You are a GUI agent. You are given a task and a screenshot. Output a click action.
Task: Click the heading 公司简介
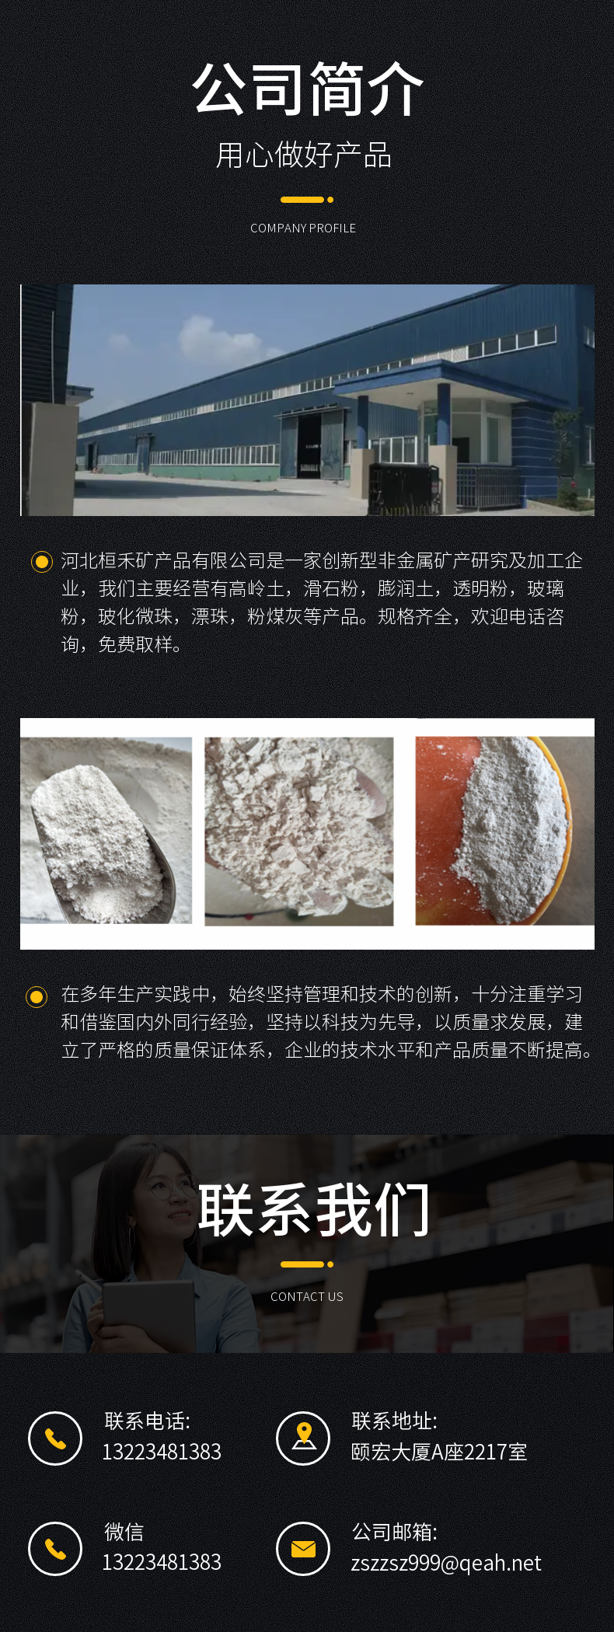[x=307, y=89]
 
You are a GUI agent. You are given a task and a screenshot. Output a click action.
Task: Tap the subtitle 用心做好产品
[x=303, y=155]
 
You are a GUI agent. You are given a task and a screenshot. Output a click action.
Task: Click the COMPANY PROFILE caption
[x=303, y=228]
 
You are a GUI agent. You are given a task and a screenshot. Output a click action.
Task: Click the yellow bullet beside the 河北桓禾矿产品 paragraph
[x=41, y=561]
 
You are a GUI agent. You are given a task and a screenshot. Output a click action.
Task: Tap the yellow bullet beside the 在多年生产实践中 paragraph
[x=37, y=996]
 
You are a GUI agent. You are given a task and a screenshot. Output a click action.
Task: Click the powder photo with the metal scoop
[x=106, y=831]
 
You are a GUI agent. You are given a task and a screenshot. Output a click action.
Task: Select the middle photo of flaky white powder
[x=299, y=832]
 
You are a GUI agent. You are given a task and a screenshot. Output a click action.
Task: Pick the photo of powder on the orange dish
[x=505, y=831]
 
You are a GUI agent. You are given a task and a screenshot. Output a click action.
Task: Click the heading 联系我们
[x=314, y=1210]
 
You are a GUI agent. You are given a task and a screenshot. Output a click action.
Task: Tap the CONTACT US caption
[x=307, y=1296]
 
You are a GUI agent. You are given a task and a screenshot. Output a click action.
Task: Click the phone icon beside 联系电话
[x=55, y=1438]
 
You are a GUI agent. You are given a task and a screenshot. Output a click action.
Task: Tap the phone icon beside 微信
[x=55, y=1549]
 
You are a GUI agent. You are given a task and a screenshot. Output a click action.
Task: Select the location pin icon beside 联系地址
[x=303, y=1438]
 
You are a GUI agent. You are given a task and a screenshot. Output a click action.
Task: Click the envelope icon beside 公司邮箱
[x=303, y=1549]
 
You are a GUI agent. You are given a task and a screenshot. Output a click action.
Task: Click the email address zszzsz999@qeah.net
[x=446, y=1563]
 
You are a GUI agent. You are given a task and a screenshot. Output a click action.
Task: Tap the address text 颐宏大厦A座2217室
[x=439, y=1452]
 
